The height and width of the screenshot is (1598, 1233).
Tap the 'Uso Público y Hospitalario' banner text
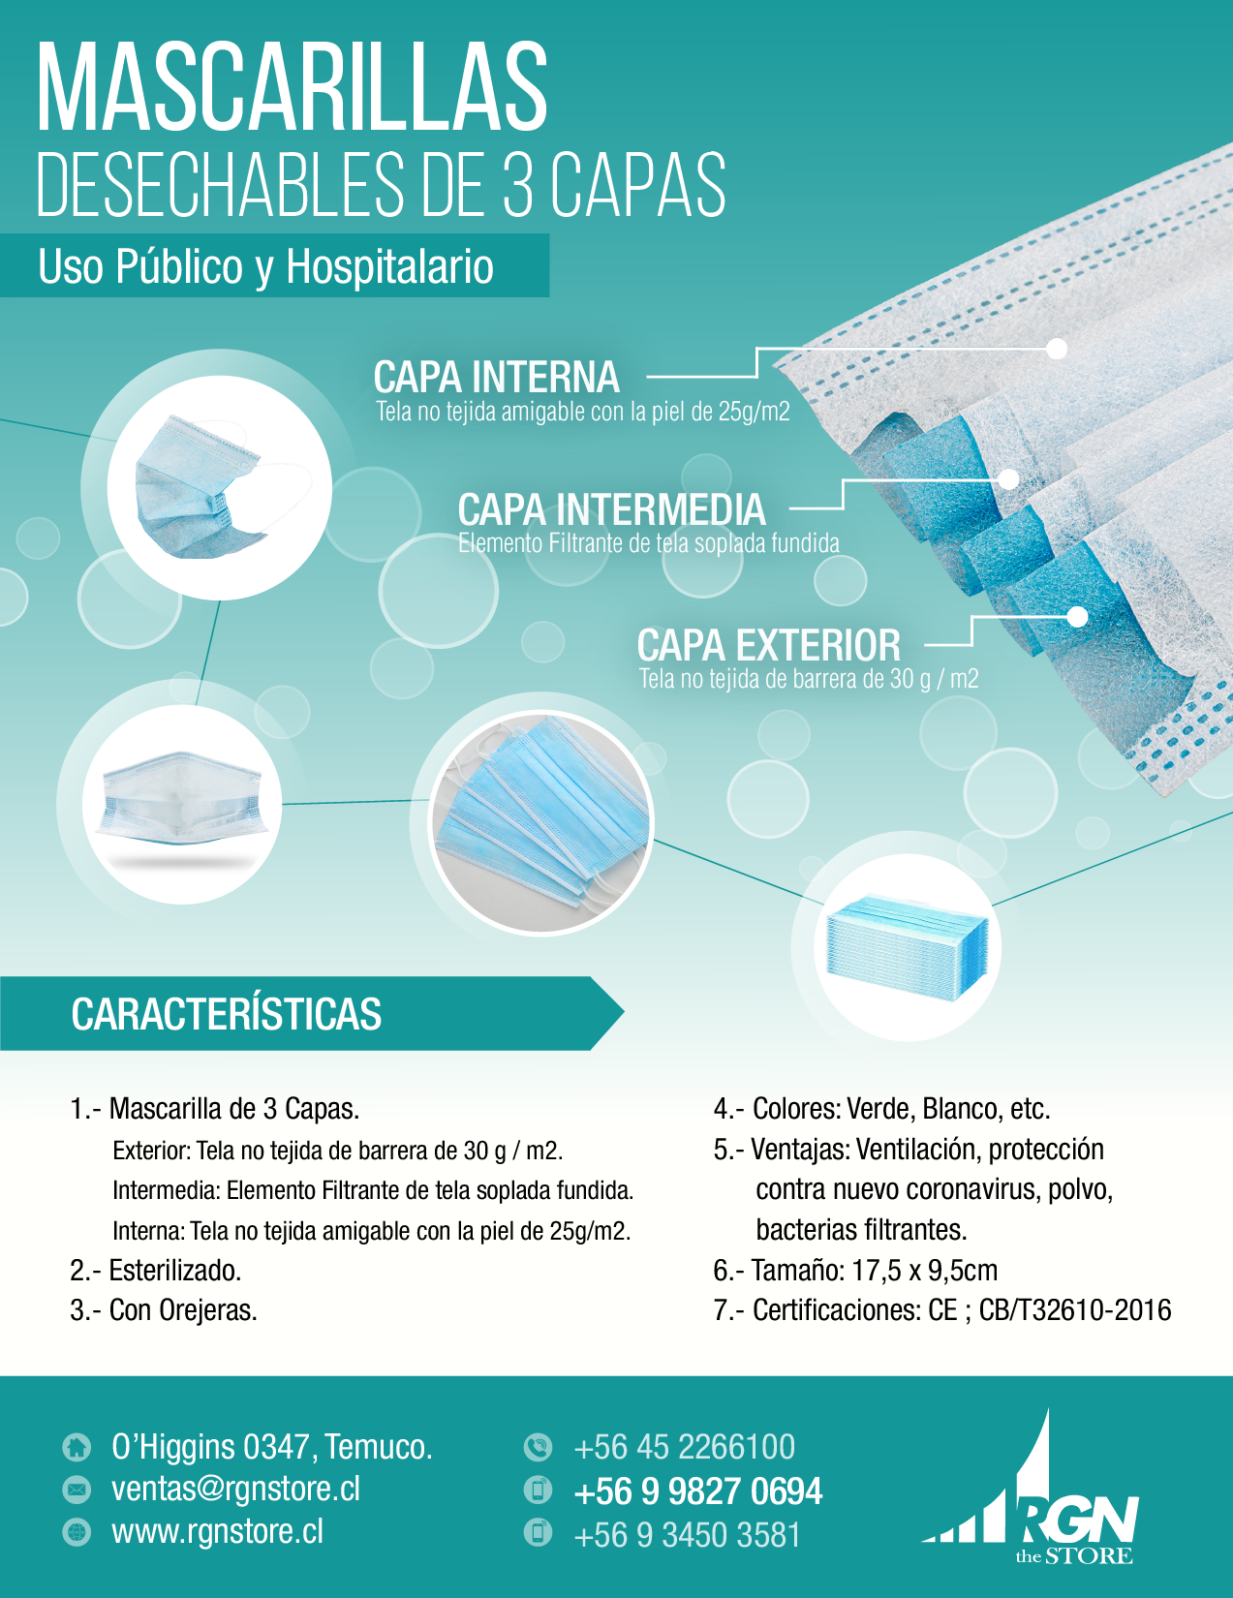click(x=265, y=267)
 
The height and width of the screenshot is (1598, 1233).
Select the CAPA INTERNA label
click(x=496, y=378)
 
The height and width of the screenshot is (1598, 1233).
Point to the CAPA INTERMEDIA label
click(x=612, y=509)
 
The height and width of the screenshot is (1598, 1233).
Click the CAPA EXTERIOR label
click(x=768, y=646)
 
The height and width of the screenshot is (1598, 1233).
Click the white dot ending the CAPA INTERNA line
click(x=1057, y=349)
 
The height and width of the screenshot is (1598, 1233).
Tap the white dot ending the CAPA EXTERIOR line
click(x=1077, y=616)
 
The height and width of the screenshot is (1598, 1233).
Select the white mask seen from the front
click(x=182, y=805)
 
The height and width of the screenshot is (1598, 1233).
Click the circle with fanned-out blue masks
click(x=541, y=823)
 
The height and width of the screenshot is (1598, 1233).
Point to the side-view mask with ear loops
click(x=219, y=487)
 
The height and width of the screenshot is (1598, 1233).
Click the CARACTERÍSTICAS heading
click(x=227, y=1015)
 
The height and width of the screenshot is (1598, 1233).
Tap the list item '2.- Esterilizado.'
click(x=156, y=1271)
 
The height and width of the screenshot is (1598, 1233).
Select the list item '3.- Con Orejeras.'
click(x=164, y=1310)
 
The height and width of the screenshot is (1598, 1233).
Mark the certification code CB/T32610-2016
click(x=1075, y=1310)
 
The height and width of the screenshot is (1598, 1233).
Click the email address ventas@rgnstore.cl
click(x=236, y=1490)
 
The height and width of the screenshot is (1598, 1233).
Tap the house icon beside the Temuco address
click(x=77, y=1447)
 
